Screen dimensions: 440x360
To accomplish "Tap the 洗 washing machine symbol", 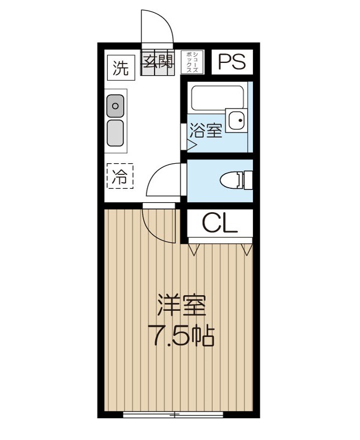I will (120, 68).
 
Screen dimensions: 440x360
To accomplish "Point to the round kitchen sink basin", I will (116, 105).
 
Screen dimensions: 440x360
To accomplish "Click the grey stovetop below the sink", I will (116, 133).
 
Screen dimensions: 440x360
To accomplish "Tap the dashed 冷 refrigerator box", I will (120, 177).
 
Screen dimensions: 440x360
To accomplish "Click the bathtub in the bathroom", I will (215, 97).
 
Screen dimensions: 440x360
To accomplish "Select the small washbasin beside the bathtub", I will (239, 119).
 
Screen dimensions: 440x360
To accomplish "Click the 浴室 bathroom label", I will (206, 131).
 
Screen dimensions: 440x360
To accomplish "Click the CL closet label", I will (220, 223).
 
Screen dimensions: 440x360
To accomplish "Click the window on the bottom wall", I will (173, 414).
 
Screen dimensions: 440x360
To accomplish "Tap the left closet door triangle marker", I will (193, 248).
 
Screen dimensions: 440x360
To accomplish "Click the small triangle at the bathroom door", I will (190, 145).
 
